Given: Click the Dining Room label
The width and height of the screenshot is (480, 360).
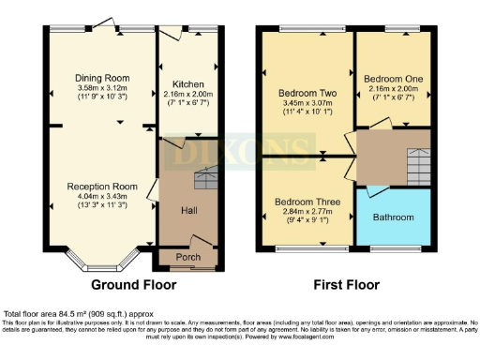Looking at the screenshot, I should (102, 78).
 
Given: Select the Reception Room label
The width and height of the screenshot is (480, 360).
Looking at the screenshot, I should (102, 187).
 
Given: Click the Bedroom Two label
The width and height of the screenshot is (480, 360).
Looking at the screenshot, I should (307, 94).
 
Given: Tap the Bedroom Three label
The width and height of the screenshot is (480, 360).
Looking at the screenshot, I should (307, 202).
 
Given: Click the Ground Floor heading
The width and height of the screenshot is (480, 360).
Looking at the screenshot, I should (128, 284).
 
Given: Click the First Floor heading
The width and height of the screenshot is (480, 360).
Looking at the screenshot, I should (343, 284).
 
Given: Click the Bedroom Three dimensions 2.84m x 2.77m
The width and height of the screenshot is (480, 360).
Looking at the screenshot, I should (307, 213).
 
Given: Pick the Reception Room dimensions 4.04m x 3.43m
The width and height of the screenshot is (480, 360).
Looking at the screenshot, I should (102, 198).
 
